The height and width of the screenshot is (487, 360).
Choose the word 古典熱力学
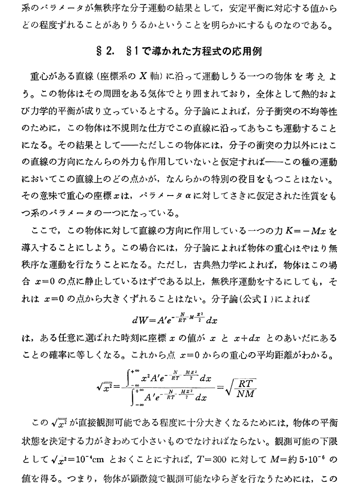[215, 265]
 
